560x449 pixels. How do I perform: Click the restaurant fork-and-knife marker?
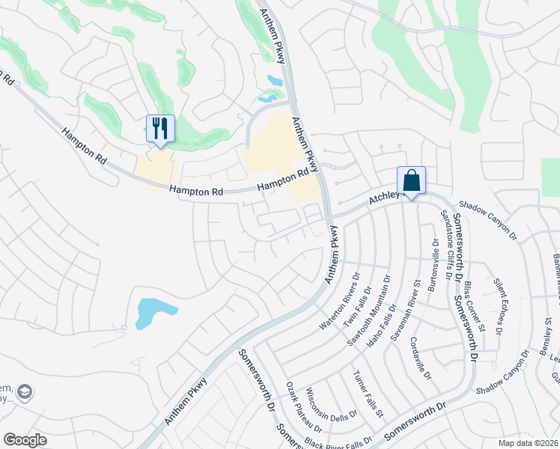point(159,129)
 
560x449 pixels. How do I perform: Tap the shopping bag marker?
point(411,180)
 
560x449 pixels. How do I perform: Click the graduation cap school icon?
point(25,391)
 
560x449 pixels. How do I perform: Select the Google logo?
point(25,439)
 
